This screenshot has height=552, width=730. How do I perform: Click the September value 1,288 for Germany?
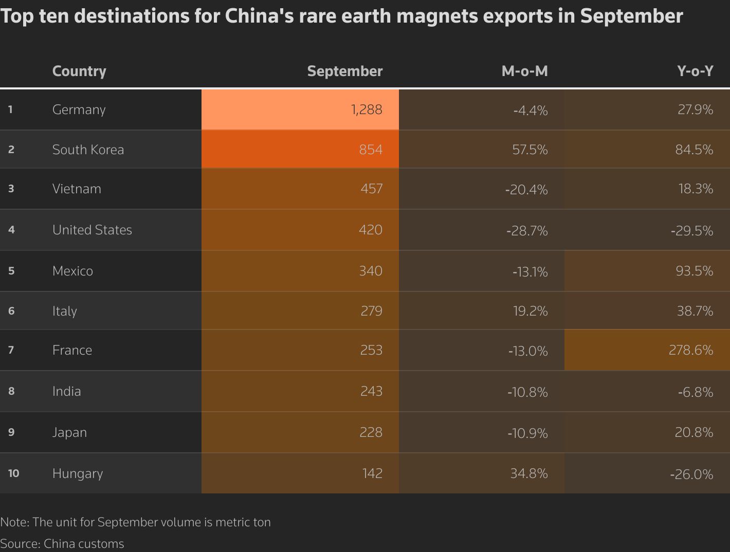coord(367,109)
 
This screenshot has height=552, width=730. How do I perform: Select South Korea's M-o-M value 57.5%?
coord(530,150)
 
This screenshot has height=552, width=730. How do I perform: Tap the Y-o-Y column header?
coord(695,71)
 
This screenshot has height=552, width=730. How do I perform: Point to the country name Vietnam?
coord(77,189)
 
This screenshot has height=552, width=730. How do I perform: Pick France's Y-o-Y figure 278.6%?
coord(691,350)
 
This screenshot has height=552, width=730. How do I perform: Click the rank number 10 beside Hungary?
coord(13,473)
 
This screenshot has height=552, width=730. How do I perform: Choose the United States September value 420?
coord(371,230)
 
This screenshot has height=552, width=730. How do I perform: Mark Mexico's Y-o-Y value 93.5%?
coord(695,271)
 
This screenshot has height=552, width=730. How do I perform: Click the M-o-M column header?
coord(524,71)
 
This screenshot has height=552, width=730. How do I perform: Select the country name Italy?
coord(64,311)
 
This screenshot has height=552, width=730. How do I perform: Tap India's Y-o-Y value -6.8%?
coord(695,392)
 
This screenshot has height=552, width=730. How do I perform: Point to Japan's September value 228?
coord(371,432)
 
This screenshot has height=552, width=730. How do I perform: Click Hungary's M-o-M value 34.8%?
coord(529,473)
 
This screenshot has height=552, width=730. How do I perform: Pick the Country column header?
coord(79,71)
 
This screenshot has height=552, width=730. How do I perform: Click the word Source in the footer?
coord(20,544)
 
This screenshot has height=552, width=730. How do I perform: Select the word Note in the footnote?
coord(14,522)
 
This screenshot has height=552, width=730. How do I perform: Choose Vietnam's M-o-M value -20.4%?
coord(526,190)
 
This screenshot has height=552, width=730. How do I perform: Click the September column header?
coord(344,71)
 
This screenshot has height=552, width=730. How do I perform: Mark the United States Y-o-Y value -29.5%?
coord(692,231)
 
